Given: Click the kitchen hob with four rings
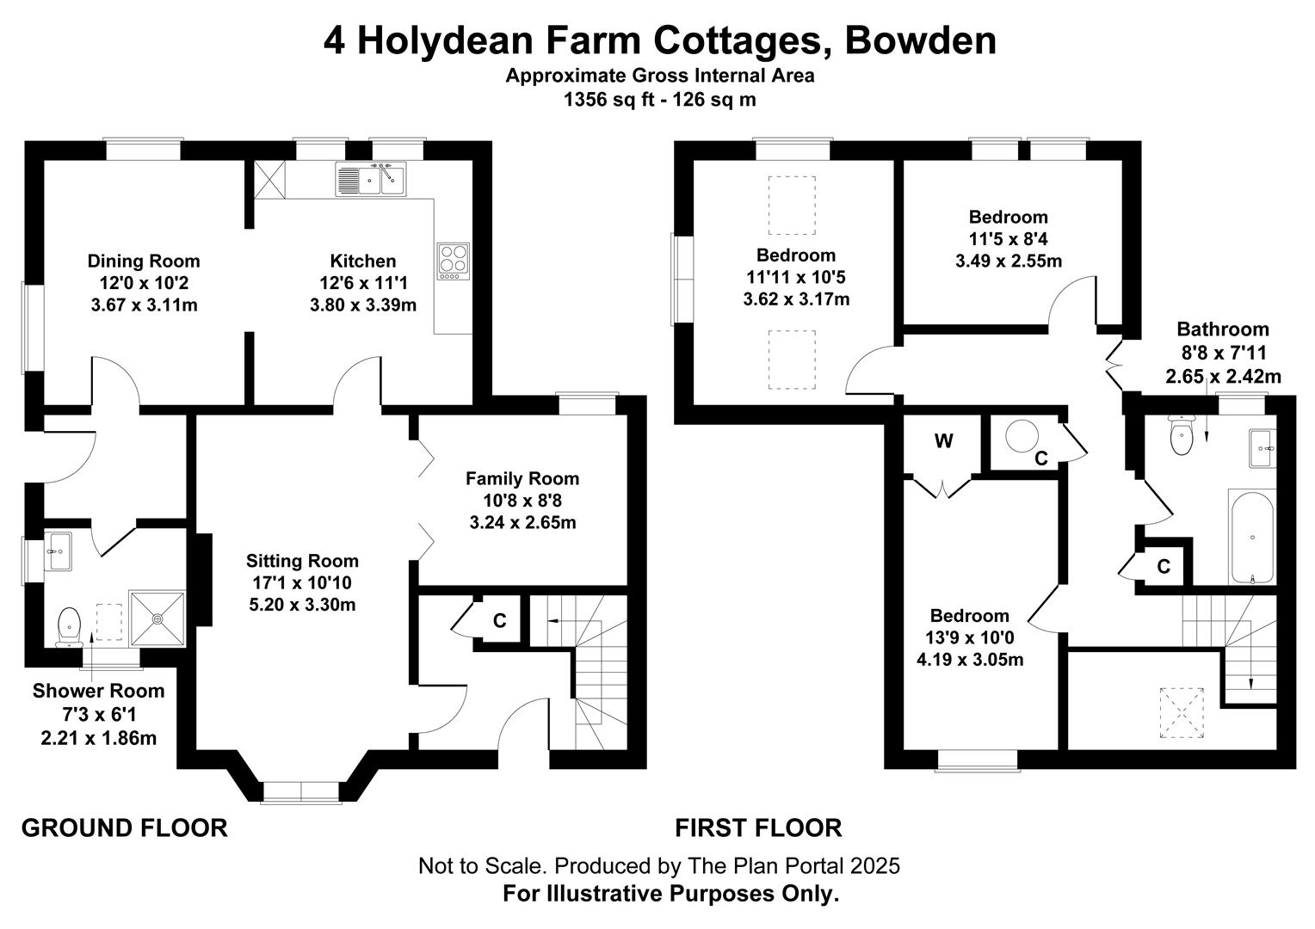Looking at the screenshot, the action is click(x=454, y=261).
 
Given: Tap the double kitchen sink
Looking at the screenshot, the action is click(x=371, y=179).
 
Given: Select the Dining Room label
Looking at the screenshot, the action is click(x=144, y=261).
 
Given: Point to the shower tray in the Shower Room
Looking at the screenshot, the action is click(x=157, y=618).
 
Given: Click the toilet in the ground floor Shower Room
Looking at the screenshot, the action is click(x=69, y=627).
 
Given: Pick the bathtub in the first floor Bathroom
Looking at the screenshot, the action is click(x=1252, y=538).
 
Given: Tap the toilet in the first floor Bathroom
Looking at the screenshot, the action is click(x=1181, y=434).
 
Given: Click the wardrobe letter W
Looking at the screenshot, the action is click(x=943, y=440).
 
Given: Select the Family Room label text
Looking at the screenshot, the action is click(x=522, y=479).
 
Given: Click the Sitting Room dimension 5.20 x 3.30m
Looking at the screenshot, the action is click(x=302, y=605).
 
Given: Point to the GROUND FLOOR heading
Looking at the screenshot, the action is click(x=125, y=828).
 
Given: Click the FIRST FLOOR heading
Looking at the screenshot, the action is click(x=758, y=828).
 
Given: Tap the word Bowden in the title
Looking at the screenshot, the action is click(x=921, y=41).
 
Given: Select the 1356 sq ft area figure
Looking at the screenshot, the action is click(x=608, y=100).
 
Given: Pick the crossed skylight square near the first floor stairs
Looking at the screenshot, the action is click(x=1181, y=712).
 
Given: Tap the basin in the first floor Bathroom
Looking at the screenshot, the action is click(x=1263, y=448).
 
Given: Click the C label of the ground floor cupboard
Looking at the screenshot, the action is click(x=500, y=620).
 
